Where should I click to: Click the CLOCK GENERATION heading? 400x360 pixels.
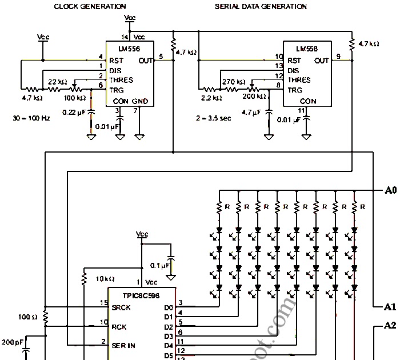(90, 7)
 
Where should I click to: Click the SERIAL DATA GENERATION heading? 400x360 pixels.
(261, 7)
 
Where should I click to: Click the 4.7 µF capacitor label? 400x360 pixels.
(252, 113)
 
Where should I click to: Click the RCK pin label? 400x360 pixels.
(119, 327)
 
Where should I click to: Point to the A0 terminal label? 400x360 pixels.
(390, 190)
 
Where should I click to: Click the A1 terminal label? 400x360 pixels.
(390, 307)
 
